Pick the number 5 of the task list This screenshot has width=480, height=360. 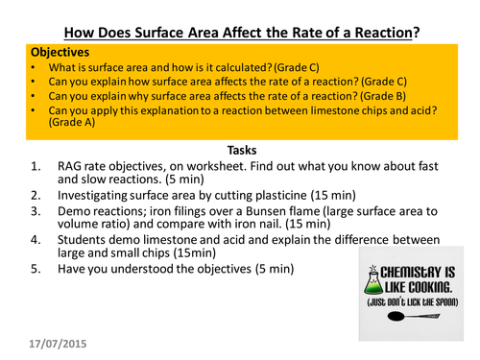point(36,269)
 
